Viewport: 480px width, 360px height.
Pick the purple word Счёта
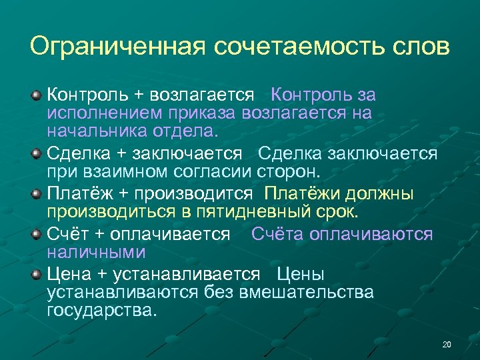coord(276,235)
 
